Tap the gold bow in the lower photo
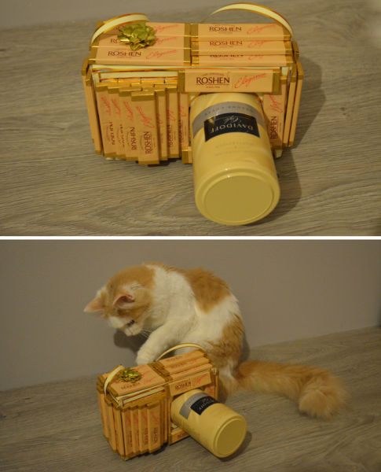130,376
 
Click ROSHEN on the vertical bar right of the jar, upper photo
274,126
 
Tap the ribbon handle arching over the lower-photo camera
181,347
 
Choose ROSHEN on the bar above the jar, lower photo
183,385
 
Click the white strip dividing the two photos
190,236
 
